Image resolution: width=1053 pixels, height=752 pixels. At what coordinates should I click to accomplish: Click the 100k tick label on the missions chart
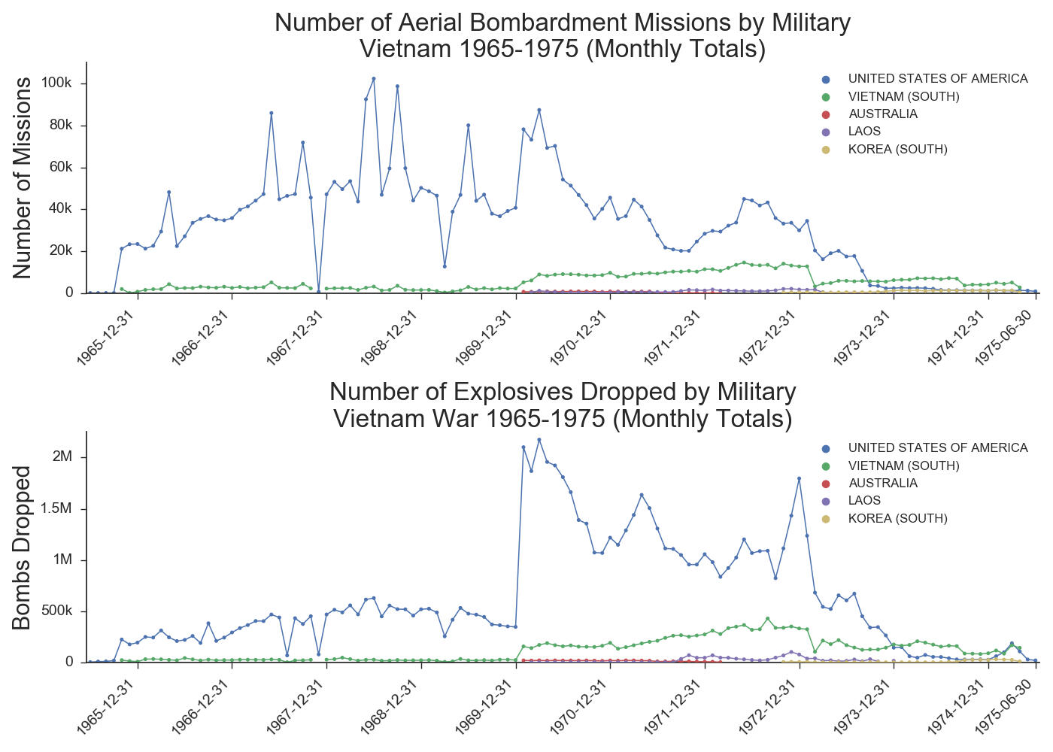pos(57,83)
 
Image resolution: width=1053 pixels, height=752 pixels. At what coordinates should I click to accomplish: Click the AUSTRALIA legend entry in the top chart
pos(882,114)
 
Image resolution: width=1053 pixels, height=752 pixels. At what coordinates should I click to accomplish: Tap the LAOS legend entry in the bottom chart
pos(864,501)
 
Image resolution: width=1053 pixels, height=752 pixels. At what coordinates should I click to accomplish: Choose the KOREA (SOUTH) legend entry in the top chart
pos(897,150)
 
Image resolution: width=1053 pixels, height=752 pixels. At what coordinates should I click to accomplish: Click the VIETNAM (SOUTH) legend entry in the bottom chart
pos(903,466)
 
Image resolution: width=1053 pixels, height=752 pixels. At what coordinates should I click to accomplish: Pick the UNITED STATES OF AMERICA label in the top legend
pos(937,79)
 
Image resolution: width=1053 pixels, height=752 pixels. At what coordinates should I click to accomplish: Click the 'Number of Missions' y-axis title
pos(23,177)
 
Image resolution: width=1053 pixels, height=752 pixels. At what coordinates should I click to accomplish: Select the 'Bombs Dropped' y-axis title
pos(23,547)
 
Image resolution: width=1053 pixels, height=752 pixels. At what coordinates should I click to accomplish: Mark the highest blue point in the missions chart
pos(374,78)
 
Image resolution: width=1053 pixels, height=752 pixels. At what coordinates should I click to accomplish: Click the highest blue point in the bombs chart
pos(539,440)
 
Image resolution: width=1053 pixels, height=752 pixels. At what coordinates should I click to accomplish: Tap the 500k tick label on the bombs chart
pos(57,611)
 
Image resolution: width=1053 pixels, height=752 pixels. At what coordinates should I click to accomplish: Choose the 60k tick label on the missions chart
pos(60,167)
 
